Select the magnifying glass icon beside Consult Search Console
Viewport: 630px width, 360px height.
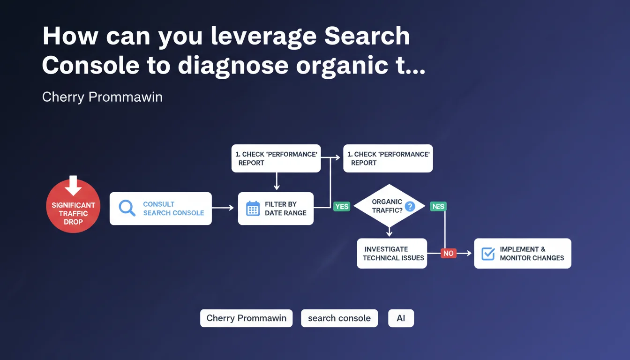coord(127,208)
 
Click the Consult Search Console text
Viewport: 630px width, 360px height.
coord(173,209)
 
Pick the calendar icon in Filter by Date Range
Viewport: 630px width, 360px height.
coord(253,209)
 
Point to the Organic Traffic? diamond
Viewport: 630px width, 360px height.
coord(389,206)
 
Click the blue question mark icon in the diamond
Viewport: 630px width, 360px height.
coord(410,206)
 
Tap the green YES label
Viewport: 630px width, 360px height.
coord(342,206)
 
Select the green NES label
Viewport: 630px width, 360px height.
coord(438,206)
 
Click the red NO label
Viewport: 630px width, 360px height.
coord(448,253)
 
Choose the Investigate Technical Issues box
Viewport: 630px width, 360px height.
coord(392,254)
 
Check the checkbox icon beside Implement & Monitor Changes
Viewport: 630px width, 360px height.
coord(488,254)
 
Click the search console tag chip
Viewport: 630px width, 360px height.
coord(339,318)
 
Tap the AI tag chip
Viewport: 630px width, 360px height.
coord(401,318)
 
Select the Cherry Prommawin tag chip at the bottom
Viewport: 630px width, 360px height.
coord(246,318)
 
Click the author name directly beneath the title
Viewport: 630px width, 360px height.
coord(102,97)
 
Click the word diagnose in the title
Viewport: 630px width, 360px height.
coord(233,66)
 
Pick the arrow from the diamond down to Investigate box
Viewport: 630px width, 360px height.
coord(389,231)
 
